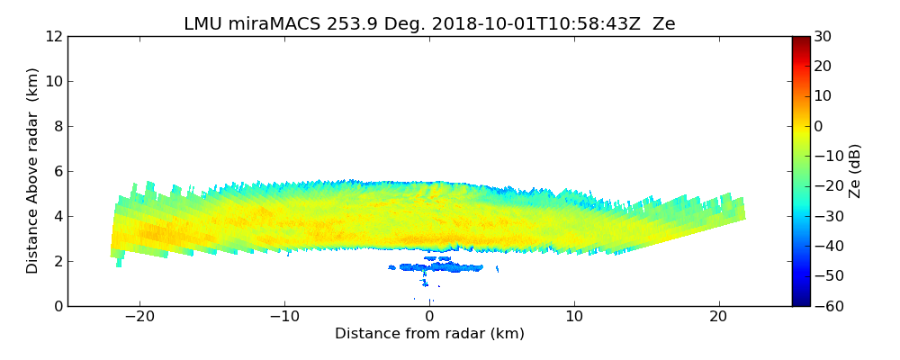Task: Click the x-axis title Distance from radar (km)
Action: point(429,334)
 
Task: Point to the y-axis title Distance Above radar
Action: point(33,170)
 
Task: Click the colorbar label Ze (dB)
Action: point(855,170)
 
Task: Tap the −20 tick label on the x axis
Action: point(139,318)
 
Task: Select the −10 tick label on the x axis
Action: point(284,318)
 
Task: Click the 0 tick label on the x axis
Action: point(429,318)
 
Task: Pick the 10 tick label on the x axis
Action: point(574,318)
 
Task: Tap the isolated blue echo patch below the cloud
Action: point(444,267)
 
